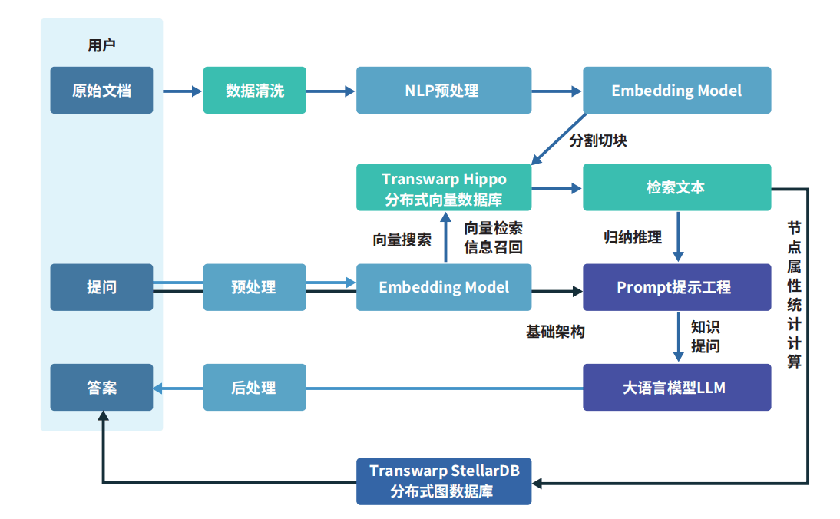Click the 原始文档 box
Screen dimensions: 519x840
[x=101, y=91]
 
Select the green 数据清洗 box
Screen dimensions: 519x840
[x=254, y=91]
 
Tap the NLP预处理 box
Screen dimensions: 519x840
[x=443, y=91]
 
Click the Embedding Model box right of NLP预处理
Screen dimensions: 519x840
[x=676, y=91]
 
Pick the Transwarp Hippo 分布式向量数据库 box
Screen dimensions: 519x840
[x=443, y=187]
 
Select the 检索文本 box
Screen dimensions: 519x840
[x=676, y=187]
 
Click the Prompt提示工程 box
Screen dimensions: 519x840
[x=676, y=288]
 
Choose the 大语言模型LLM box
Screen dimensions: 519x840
[x=676, y=388]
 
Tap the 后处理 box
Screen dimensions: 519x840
[x=254, y=388]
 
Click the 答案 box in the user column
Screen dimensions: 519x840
[x=101, y=388]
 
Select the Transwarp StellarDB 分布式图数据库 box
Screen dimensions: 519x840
[x=443, y=481]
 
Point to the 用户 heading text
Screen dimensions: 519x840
[x=101, y=46]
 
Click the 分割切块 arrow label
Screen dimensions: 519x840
[x=598, y=141]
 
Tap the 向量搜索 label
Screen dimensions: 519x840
[x=402, y=240]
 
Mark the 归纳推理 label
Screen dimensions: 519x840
[x=633, y=238]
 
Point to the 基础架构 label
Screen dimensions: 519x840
[x=555, y=332]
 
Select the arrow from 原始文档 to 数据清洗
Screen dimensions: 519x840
[x=177, y=91]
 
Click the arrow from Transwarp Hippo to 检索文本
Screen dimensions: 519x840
[x=557, y=188]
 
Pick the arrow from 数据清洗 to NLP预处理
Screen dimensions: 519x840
[x=330, y=91]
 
